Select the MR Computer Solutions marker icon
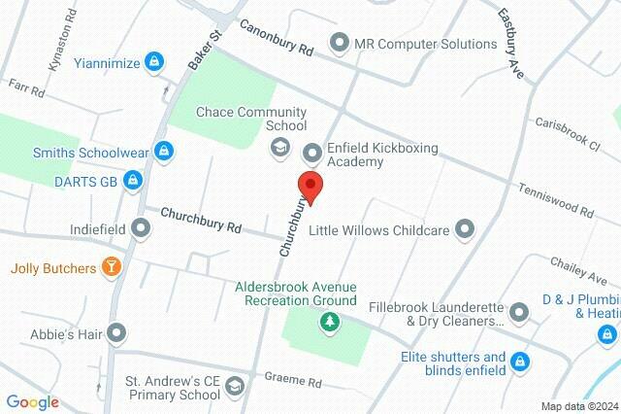coord(339,44)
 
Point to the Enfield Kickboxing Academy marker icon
coord(312,153)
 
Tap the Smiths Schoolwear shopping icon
coord(166,152)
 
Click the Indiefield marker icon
coord(142,229)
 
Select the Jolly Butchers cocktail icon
coord(112,266)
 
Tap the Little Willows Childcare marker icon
coord(466,230)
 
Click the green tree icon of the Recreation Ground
coord(330,322)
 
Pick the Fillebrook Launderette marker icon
coord(519,312)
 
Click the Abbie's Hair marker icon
coord(116,333)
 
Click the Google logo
coord(33,402)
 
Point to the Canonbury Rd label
coord(278,39)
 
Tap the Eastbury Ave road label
coord(510,39)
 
